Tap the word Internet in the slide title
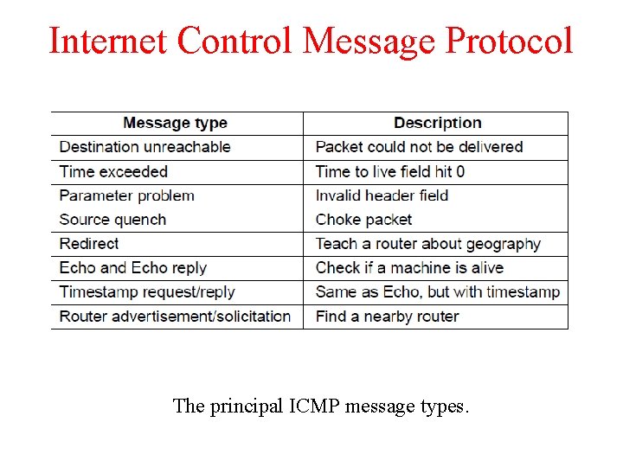[x=108, y=41]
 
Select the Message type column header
[x=175, y=123]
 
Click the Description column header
[x=437, y=123]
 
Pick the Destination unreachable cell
[x=145, y=147]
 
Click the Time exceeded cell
[x=113, y=171]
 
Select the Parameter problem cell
[x=126, y=195]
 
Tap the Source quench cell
[x=112, y=220]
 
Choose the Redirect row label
[x=89, y=244]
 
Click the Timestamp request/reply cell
[x=147, y=292]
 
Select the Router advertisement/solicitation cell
[x=175, y=317]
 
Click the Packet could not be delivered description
[x=419, y=147]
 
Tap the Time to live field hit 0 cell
[x=390, y=171]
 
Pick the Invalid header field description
[x=382, y=195]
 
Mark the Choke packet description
[x=363, y=220]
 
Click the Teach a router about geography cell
[x=427, y=244]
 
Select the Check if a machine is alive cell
[x=409, y=268]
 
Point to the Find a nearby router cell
[x=387, y=317]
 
